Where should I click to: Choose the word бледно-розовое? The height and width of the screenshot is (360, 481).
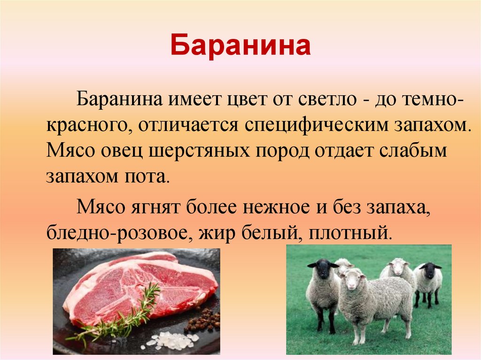[117, 232]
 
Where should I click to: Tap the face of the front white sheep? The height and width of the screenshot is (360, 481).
[351, 282]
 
